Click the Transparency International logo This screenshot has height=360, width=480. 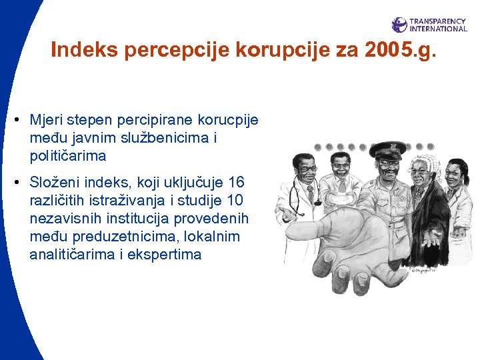(429, 25)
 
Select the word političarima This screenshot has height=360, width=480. (67, 156)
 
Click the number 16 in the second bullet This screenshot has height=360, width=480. (236, 182)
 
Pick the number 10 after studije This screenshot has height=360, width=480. (235, 200)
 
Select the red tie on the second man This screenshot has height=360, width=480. (341, 201)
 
